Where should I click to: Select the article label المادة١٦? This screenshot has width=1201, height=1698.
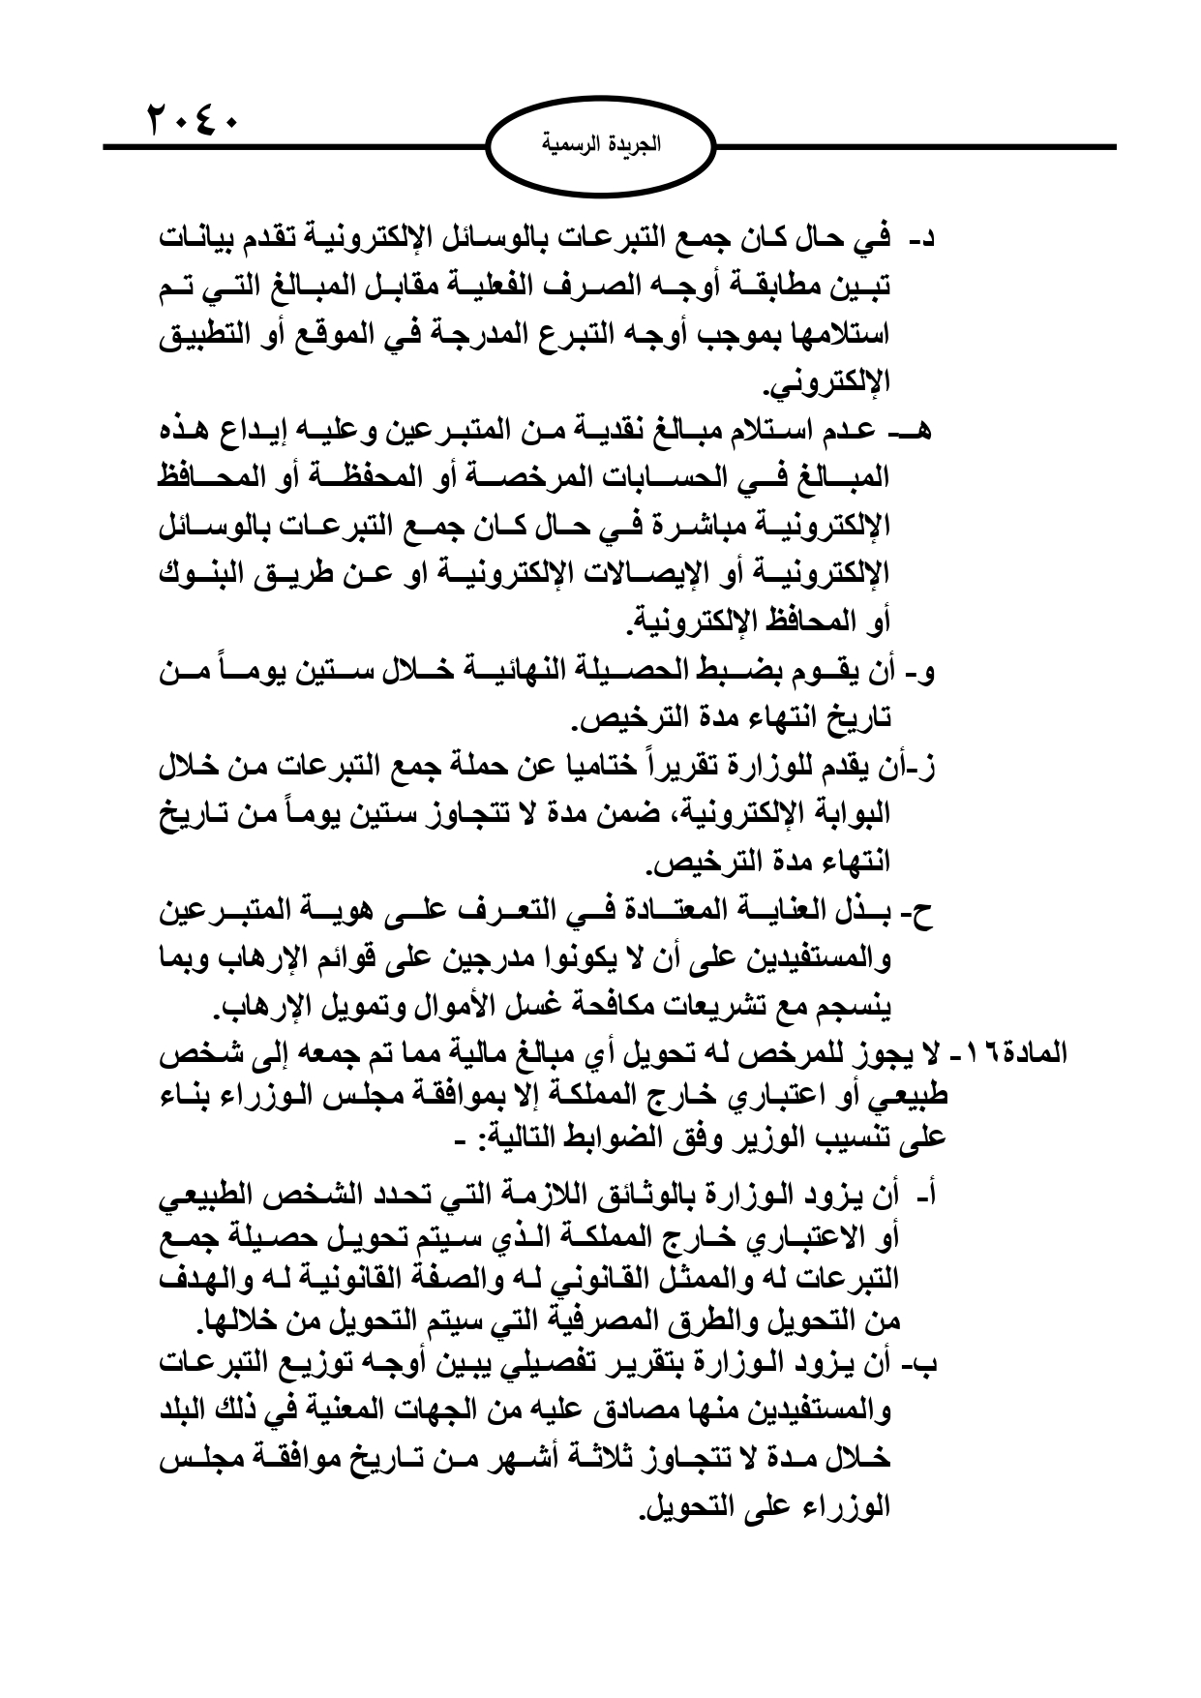click(x=1029, y=1052)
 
